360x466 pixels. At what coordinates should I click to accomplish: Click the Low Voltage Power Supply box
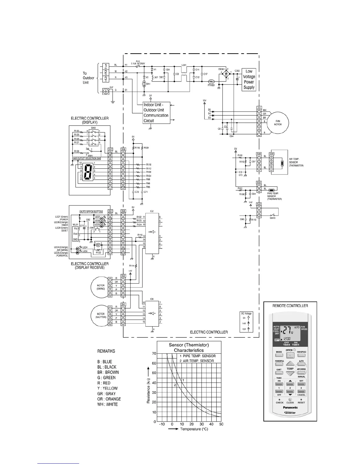[249, 79]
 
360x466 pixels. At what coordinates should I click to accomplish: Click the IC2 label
[152, 211]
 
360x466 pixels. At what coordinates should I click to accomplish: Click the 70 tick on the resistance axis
[154, 353]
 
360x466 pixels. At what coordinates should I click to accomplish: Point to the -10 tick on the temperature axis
[162, 424]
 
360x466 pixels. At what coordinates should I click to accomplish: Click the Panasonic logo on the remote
[290, 407]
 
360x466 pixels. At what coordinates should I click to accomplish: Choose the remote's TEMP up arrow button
[290, 364]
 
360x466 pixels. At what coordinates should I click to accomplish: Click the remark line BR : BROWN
[108, 372]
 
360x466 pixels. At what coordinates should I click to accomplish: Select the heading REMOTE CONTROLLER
[290, 306]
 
